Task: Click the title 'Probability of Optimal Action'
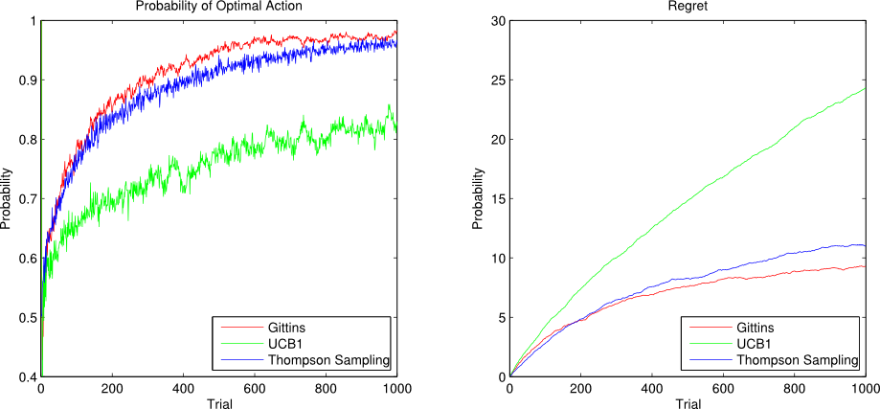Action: tap(218, 7)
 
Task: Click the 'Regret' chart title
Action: tap(687, 7)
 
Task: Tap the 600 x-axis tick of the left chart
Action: tap(254, 389)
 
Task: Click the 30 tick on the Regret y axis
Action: tap(496, 20)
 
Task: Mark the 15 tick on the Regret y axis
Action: tap(496, 198)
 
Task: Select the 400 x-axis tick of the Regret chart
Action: tap(651, 389)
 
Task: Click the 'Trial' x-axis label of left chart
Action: tap(218, 402)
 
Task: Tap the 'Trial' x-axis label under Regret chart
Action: tap(687, 402)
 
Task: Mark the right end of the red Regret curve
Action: tap(864, 266)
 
